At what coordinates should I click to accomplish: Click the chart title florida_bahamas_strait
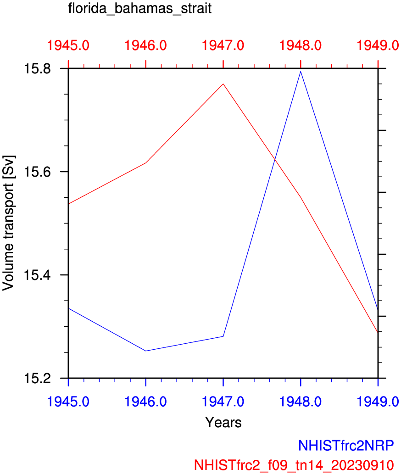tap(139, 9)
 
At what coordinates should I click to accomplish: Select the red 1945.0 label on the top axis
tap(68, 45)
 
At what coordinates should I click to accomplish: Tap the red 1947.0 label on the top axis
tap(223, 45)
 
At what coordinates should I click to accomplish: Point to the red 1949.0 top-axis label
tap(377, 45)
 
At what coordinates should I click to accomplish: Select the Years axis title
tap(223, 422)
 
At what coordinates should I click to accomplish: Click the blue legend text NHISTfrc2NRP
tap(346, 445)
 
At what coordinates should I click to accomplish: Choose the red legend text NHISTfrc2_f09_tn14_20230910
tap(294, 464)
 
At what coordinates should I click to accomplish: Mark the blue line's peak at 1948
tap(301, 71)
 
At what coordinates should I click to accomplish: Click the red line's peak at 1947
tap(223, 84)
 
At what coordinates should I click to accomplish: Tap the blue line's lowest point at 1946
tap(146, 351)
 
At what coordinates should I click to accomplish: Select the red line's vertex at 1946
tap(146, 163)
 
